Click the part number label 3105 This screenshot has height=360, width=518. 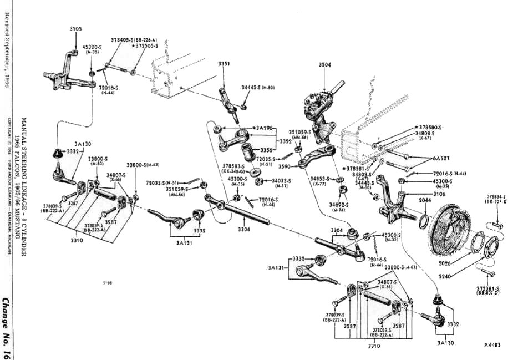(x=76, y=29)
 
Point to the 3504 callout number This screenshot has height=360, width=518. (x=325, y=65)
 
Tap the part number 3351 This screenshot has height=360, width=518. (x=224, y=64)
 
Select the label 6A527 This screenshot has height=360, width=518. (x=442, y=158)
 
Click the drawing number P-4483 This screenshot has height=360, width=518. (x=492, y=344)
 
